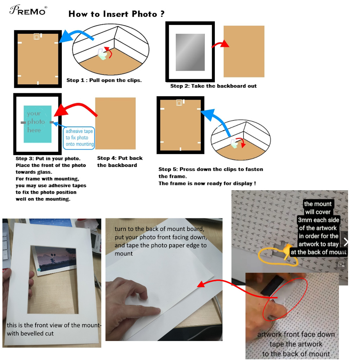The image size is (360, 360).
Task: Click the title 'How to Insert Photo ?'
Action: tap(116, 14)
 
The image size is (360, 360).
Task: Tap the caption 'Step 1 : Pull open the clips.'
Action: tap(104, 80)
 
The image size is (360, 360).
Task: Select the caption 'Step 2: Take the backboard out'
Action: tap(213, 86)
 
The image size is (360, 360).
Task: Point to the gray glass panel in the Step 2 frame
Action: tap(190, 52)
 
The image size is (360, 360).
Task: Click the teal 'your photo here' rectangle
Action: tap(37, 124)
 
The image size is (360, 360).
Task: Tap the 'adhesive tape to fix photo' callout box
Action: tap(79, 138)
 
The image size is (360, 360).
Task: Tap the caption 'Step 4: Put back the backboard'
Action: tap(120, 162)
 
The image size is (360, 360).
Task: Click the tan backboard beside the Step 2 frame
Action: tap(244, 51)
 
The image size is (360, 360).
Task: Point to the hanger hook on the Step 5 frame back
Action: tap(179, 103)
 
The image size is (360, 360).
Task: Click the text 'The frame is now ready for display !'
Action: tap(207, 184)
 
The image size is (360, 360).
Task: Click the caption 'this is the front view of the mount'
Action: tap(54, 325)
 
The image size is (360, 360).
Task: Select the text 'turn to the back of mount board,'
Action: tap(159, 229)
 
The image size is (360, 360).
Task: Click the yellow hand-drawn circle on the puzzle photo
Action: tap(278, 256)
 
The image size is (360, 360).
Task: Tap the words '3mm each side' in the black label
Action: tap(319, 220)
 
